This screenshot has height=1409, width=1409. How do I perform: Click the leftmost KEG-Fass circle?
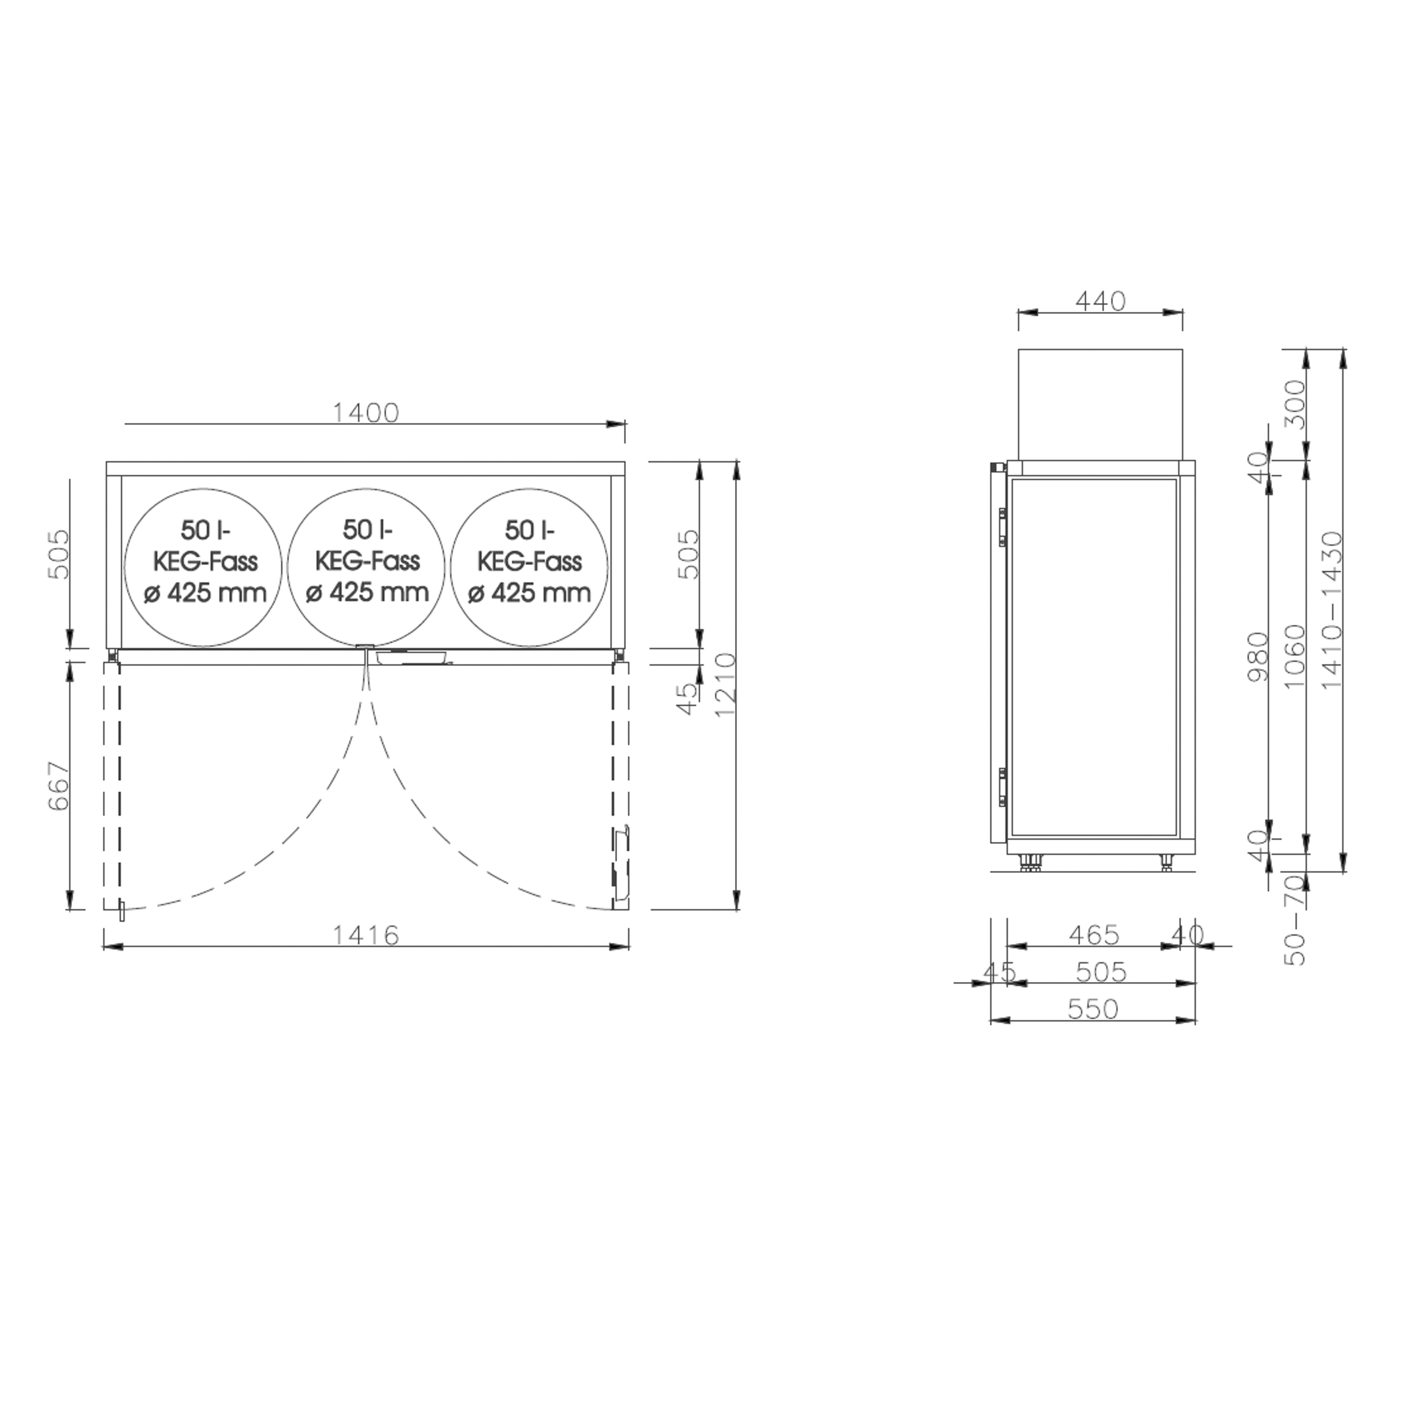pos(204,567)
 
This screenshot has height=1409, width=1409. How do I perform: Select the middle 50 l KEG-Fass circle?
pos(366,567)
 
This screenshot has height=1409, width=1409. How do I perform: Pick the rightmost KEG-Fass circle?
pos(529,567)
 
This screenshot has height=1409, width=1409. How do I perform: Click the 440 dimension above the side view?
pos(1100,301)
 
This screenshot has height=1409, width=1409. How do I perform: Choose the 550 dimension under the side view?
pos(1092,1009)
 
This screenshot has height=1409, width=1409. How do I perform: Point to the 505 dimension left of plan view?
pos(58,554)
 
